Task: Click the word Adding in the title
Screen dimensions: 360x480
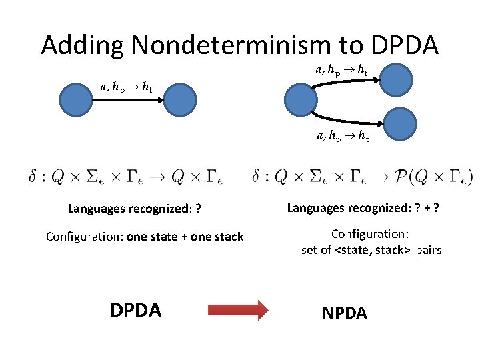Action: tap(83, 45)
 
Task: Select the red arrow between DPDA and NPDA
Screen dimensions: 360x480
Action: tap(238, 310)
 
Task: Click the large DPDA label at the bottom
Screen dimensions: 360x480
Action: tap(135, 310)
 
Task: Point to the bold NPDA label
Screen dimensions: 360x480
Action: tap(344, 313)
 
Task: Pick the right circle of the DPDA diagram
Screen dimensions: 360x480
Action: tap(179, 101)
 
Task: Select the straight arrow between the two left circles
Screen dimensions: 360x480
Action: tap(127, 101)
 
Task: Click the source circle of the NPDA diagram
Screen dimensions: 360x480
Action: tap(301, 101)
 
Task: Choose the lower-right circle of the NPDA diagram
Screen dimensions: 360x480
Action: tap(400, 124)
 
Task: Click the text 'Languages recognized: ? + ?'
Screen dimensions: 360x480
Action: tap(363, 208)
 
